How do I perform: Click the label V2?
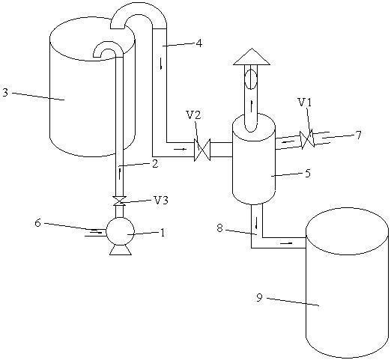click(193, 115)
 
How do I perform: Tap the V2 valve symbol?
click(202, 150)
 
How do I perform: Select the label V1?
click(305, 103)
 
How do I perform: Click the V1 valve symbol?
click(307, 139)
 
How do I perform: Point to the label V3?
click(161, 200)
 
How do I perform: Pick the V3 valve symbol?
click(119, 201)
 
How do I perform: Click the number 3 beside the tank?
click(5, 93)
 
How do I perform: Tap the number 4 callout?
click(198, 43)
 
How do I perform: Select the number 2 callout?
click(155, 164)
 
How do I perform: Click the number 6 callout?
click(37, 223)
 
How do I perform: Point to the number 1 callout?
click(163, 233)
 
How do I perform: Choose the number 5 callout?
click(308, 173)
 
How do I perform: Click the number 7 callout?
click(358, 135)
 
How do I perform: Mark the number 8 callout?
click(219, 228)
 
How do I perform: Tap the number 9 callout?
click(260, 297)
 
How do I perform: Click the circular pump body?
click(121, 231)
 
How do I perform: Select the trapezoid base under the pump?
click(121, 250)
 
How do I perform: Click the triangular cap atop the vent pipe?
click(252, 57)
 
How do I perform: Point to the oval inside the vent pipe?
click(251, 79)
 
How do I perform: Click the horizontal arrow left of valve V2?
click(181, 149)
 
